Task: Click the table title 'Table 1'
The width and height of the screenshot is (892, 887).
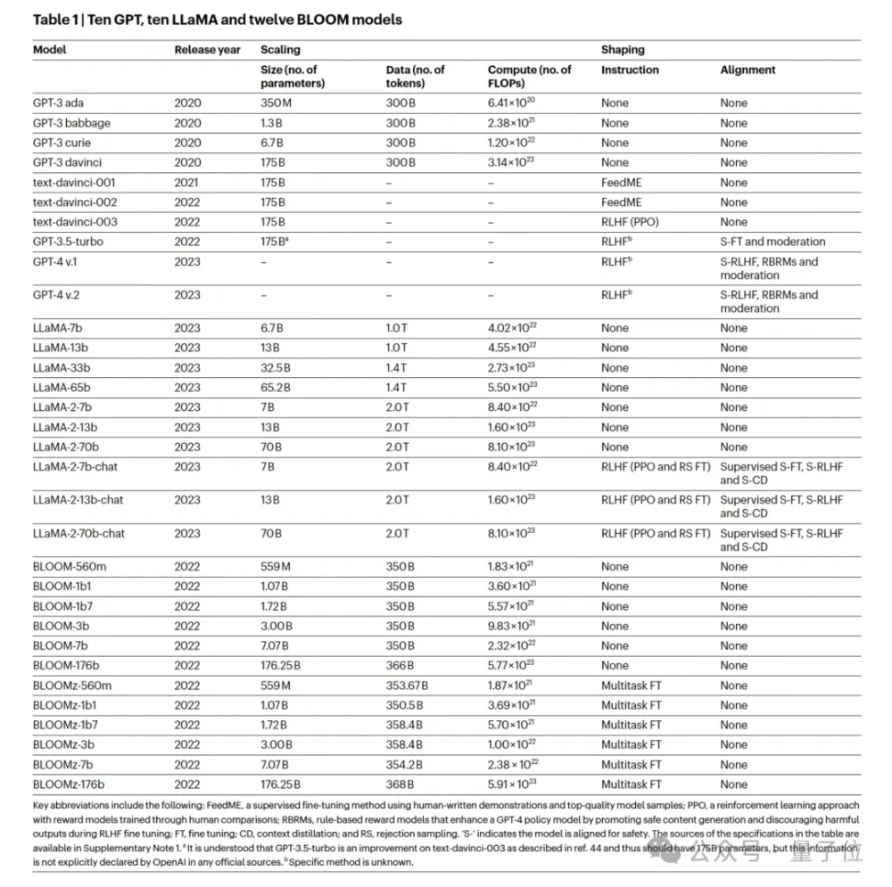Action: pos(57,20)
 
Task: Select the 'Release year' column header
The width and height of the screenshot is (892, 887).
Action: pos(207,50)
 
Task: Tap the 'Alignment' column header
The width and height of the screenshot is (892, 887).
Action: pos(747,70)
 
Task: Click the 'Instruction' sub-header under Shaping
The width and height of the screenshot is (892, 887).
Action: pos(630,70)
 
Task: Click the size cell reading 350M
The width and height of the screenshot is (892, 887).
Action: pos(276,103)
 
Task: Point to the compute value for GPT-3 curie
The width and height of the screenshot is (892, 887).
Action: pos(512,143)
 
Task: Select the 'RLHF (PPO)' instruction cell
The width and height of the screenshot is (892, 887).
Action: pos(635,222)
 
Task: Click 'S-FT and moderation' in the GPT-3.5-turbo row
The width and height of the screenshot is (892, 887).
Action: pos(772,242)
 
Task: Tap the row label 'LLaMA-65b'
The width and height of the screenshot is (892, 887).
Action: pos(62,388)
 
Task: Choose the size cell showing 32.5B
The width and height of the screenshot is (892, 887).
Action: pos(278,368)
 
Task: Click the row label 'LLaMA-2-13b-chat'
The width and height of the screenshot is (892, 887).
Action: pos(78,500)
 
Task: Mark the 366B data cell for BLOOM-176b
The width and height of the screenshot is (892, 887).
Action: pos(400,665)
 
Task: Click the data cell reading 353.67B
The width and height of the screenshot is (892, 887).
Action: pos(407,686)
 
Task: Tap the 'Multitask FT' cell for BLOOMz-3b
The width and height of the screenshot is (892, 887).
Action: pos(632,744)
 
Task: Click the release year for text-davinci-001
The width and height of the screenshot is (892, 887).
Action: pos(187,183)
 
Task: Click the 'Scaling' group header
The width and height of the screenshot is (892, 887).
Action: pos(280,50)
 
